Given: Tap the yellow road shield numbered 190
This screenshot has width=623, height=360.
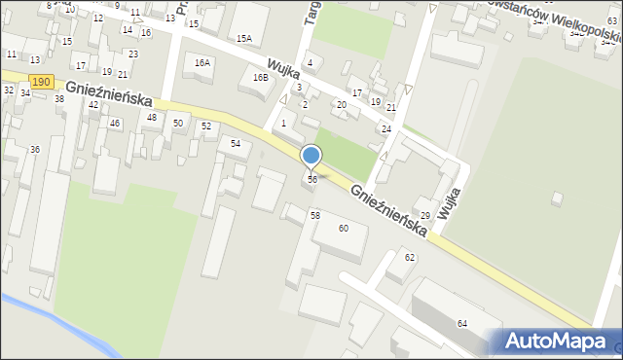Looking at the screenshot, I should tap(40, 84).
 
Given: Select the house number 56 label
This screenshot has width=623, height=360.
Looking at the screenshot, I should tap(311, 180).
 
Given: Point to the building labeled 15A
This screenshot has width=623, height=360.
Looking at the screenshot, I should tap(243, 39).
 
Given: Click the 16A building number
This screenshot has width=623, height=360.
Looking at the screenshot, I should tap(202, 62).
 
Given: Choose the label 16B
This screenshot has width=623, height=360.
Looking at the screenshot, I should tap(260, 77).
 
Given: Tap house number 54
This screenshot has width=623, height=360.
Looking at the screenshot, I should tap(236, 143).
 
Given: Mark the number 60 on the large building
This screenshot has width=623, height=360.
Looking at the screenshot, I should tap(344, 228).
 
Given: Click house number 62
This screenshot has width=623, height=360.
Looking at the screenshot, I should tap(410, 257).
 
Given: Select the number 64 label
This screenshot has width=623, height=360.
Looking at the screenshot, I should tap(462, 323).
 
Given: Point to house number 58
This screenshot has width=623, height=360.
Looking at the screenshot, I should tap(314, 214).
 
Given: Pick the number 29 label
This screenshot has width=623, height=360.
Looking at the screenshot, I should tap(425, 215).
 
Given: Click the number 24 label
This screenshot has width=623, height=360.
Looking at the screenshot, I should tap(386, 128).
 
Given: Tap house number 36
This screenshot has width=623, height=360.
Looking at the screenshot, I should tap(35, 149).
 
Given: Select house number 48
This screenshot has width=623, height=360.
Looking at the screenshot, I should tap(151, 118).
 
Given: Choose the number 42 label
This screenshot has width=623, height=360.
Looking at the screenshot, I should tap(93, 104).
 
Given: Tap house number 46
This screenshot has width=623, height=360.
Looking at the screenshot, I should tap(115, 123).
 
